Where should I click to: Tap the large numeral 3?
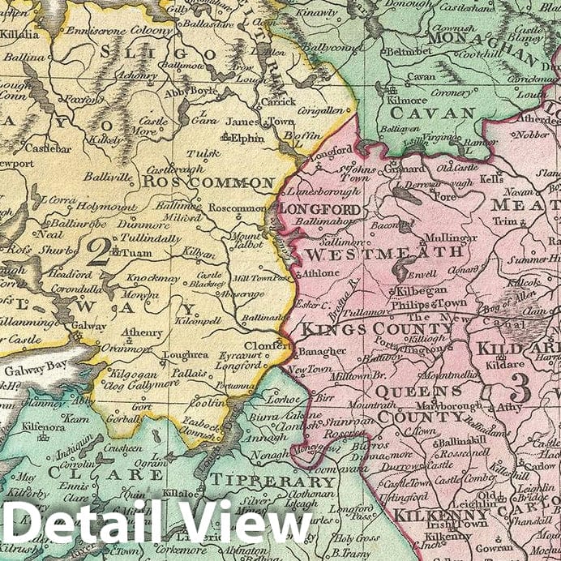pos(520,390)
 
